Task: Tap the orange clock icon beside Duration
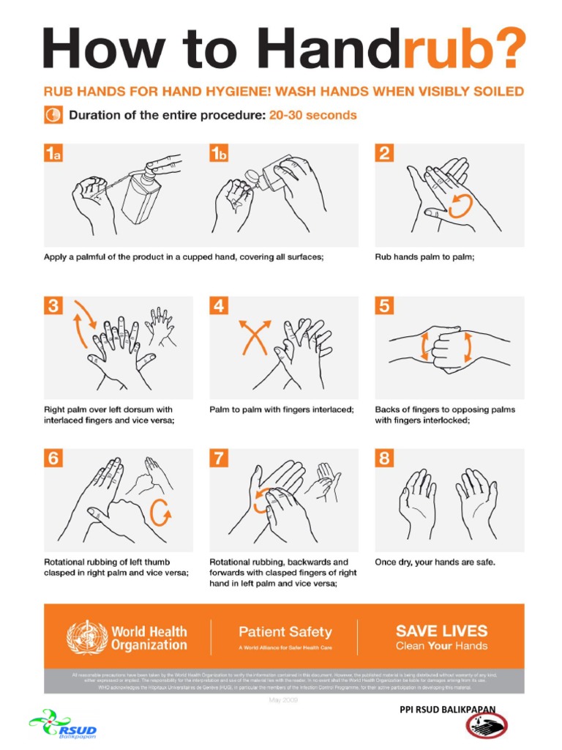point(53,115)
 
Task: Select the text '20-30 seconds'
point(312,115)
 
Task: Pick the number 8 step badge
point(385,459)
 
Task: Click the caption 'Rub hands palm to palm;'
point(424,256)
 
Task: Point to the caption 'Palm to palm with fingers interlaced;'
point(281,409)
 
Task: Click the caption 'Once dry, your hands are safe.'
point(435,562)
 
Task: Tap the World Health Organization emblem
point(86,637)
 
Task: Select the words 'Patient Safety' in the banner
point(285,631)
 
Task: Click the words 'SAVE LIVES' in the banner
point(441,630)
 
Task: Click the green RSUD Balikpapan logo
point(64,726)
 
